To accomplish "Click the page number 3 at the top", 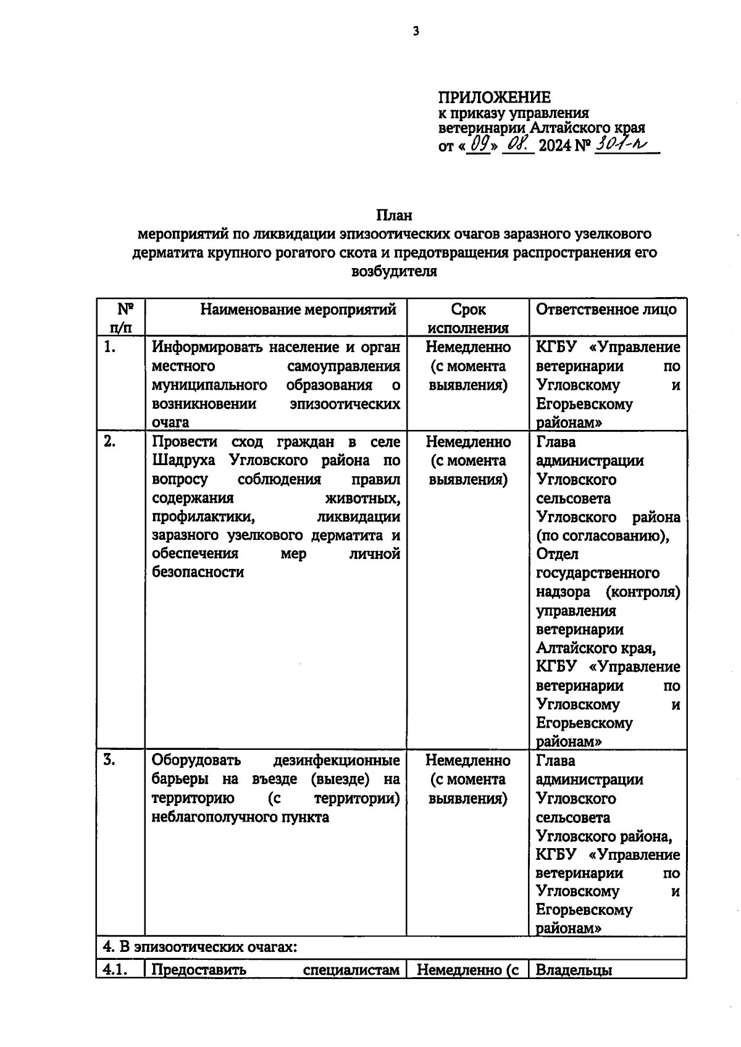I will click(416, 32).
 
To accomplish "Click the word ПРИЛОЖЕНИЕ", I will click(494, 98).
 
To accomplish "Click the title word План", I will click(394, 216).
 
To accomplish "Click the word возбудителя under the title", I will click(394, 272).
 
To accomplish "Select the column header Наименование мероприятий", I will click(298, 309).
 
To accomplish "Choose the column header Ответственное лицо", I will click(606, 309).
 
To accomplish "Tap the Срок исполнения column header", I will click(468, 318).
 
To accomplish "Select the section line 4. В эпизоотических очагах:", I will click(200, 946).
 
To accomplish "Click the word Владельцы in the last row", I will click(574, 970).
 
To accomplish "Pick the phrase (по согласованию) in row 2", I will click(603, 536).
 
